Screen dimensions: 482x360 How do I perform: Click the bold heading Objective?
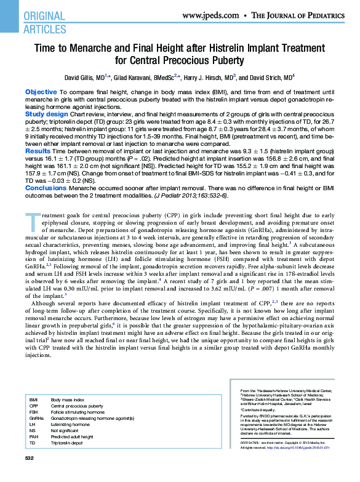(41, 92)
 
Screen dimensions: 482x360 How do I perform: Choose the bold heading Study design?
(46, 114)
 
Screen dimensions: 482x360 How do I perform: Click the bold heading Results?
(38, 150)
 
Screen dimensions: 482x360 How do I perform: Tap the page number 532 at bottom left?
(28, 459)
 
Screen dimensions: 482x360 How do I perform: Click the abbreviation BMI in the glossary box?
(33, 400)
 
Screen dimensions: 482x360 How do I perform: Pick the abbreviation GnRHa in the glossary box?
(36, 419)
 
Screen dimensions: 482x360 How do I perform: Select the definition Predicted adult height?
(72, 437)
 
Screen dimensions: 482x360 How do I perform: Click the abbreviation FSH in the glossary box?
(33, 412)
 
